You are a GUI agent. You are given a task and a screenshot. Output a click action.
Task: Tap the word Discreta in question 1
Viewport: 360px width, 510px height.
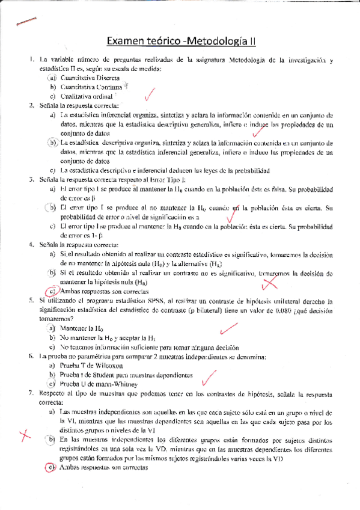tap(98, 78)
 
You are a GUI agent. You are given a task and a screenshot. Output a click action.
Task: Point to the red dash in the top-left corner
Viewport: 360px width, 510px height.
tap(26, 20)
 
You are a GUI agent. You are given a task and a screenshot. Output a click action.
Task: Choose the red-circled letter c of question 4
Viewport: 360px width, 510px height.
tap(52, 290)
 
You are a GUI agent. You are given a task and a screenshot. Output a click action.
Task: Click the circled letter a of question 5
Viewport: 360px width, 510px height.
tap(52, 328)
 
